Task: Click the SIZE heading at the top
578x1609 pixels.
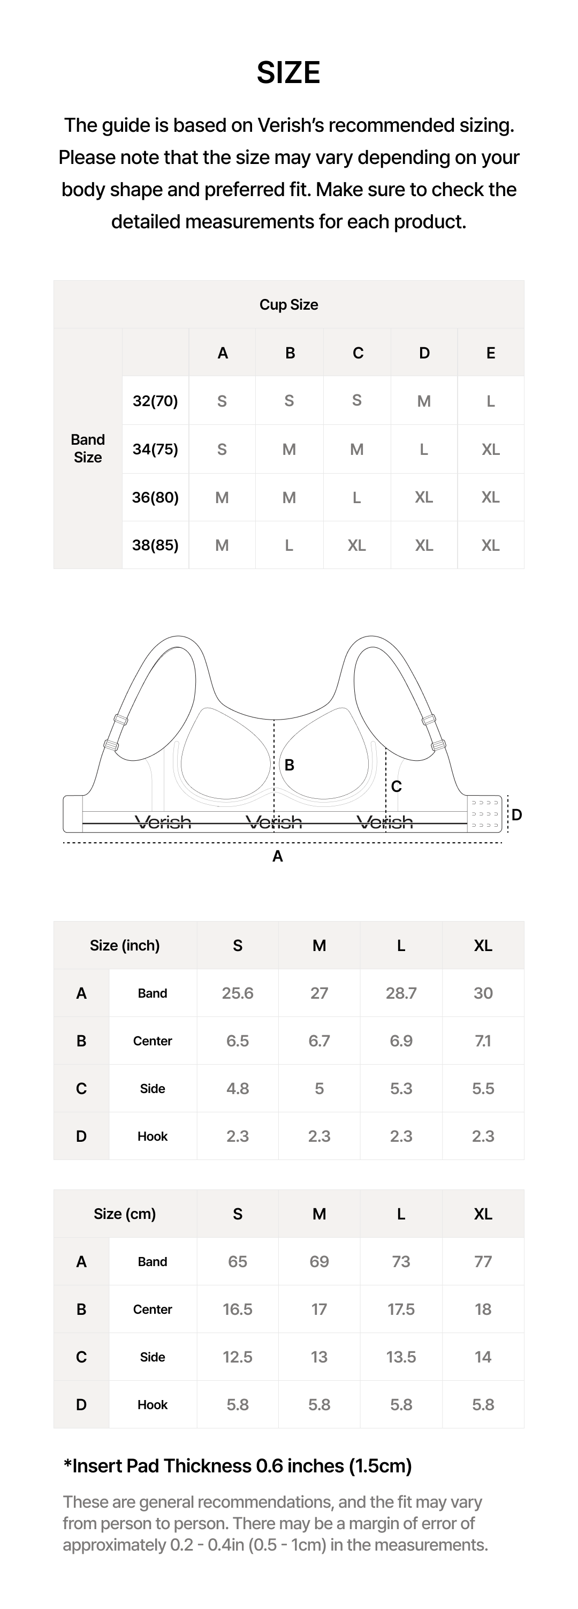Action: point(288,73)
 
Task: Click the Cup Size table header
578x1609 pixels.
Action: point(288,305)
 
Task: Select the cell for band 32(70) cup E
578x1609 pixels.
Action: point(491,401)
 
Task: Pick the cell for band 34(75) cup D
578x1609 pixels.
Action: point(424,449)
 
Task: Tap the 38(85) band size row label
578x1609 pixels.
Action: point(155,545)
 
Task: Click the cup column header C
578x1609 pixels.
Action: point(358,353)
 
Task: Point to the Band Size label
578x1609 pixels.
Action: point(87,448)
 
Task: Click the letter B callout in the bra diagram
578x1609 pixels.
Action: point(289,765)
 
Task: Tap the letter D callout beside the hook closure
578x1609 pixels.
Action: point(517,814)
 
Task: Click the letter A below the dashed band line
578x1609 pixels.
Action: point(278,856)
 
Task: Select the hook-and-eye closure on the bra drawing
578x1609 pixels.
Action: point(484,814)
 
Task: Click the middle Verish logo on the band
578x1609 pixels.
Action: point(273,822)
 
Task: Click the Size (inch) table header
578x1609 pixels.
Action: point(125,946)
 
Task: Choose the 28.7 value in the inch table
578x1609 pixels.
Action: point(401,993)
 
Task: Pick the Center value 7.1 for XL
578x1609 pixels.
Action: point(483,1041)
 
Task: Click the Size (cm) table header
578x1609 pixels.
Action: point(125,1214)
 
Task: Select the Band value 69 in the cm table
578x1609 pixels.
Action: point(319,1261)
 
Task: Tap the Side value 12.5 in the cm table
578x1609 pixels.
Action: point(237,1357)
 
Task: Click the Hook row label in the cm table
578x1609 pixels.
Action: point(153,1404)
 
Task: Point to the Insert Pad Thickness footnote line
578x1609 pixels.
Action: point(237,1465)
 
